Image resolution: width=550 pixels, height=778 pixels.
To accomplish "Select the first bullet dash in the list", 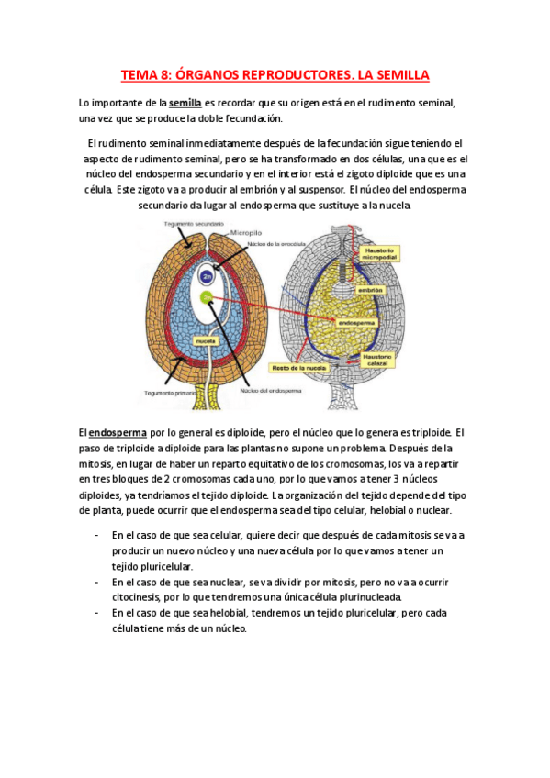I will [x=97, y=534].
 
